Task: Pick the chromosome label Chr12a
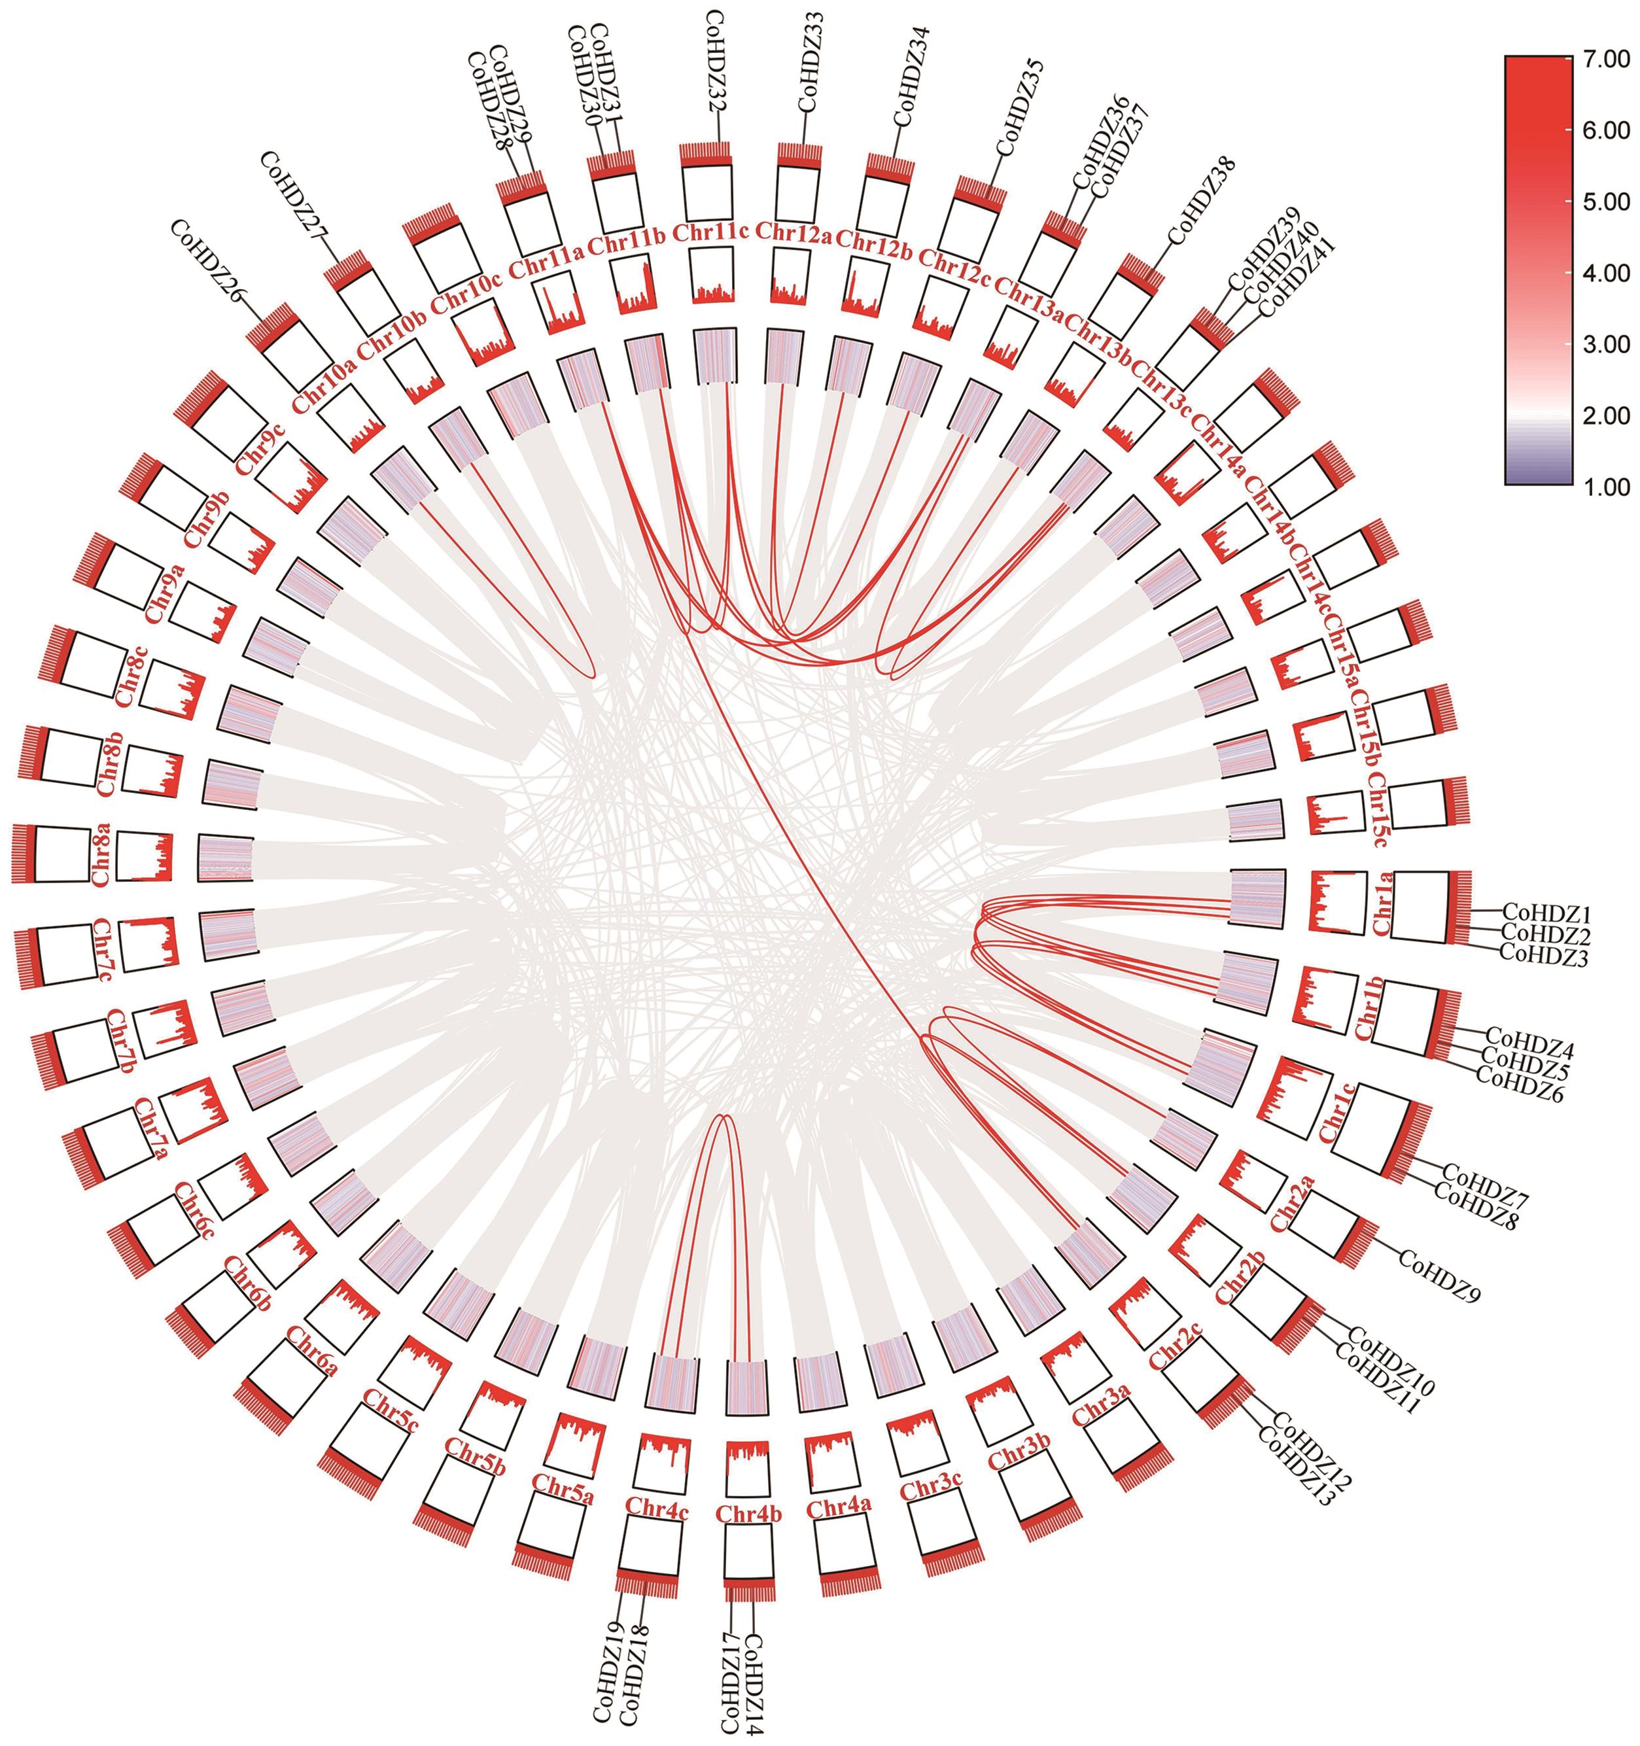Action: pos(794,232)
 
